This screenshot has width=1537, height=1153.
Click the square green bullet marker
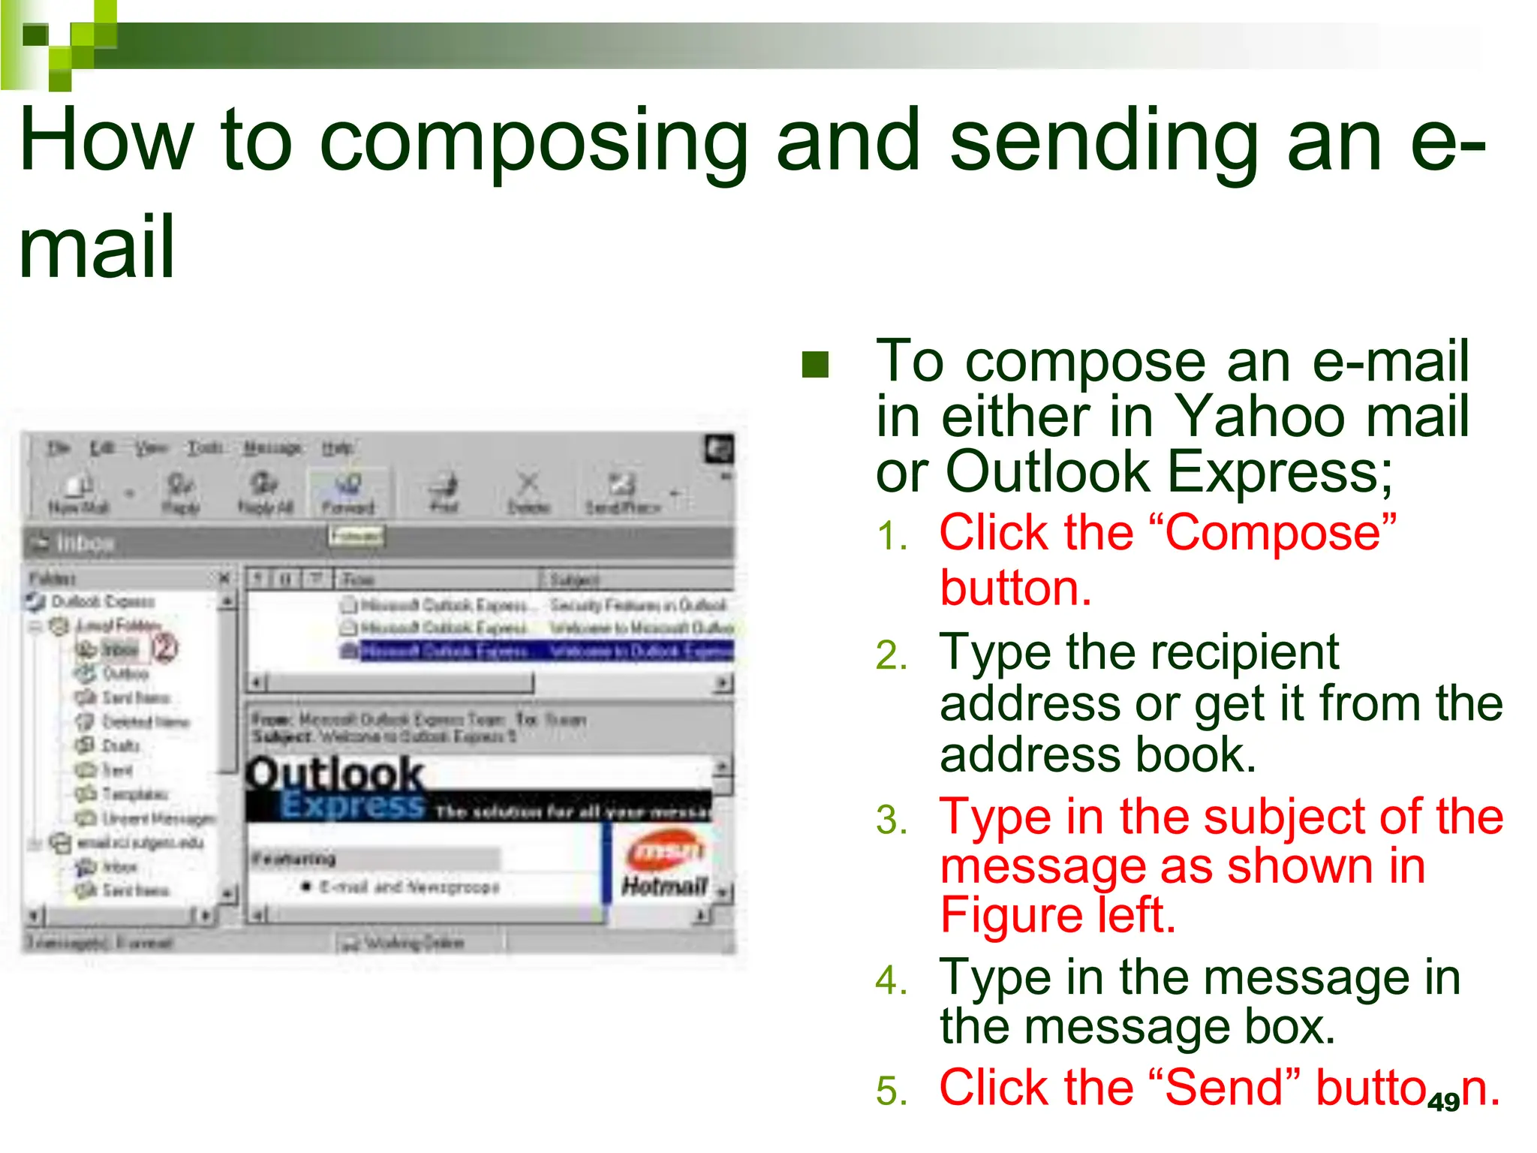pyautogui.click(x=815, y=365)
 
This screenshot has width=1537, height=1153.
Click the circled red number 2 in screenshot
pyautogui.click(x=165, y=648)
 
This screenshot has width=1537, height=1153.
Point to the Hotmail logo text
pyautogui.click(x=664, y=886)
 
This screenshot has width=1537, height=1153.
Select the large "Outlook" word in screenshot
pyautogui.click(x=335, y=773)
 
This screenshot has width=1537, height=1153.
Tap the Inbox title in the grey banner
pyautogui.click(x=85, y=542)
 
